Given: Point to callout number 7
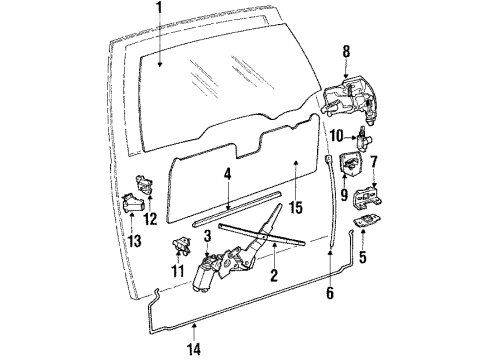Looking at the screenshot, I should (x=373, y=161).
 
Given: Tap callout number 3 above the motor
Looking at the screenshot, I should (x=206, y=236).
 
